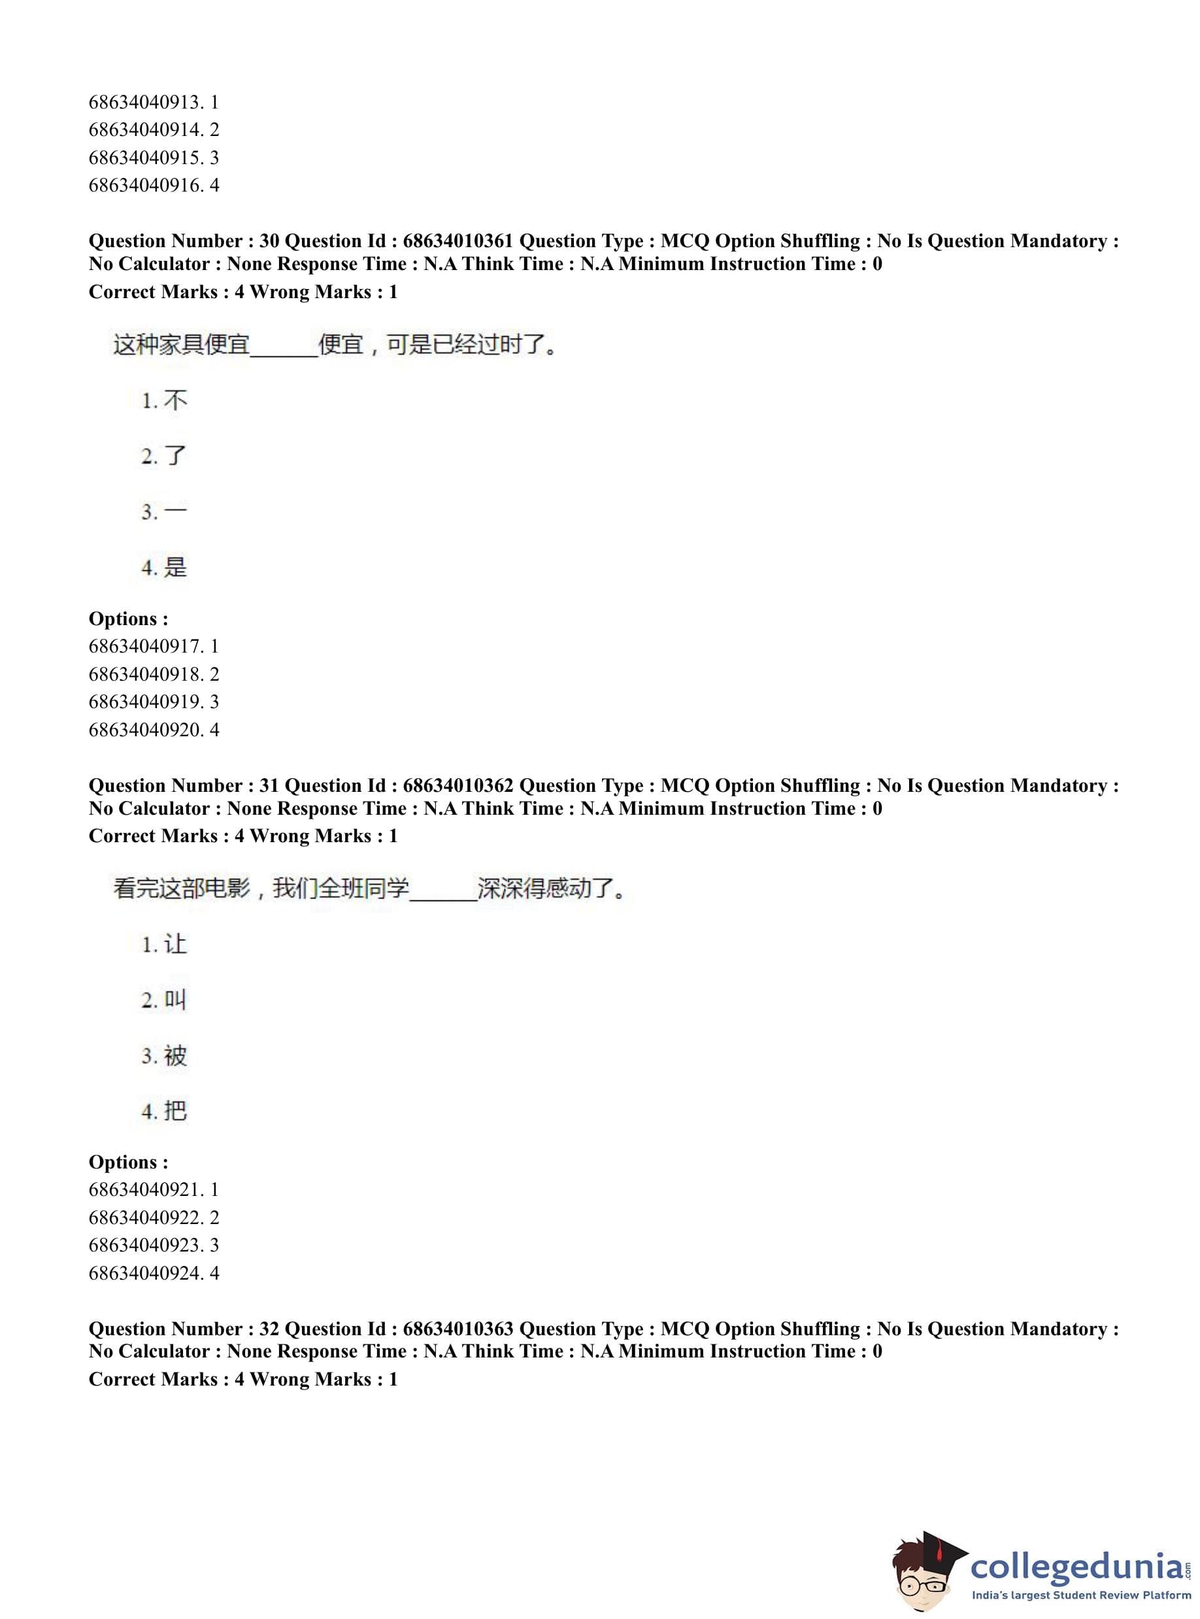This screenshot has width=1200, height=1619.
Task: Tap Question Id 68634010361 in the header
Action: tap(458, 241)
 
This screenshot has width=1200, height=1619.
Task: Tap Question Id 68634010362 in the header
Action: tap(458, 785)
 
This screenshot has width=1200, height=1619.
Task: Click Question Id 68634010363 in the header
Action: tap(458, 1329)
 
